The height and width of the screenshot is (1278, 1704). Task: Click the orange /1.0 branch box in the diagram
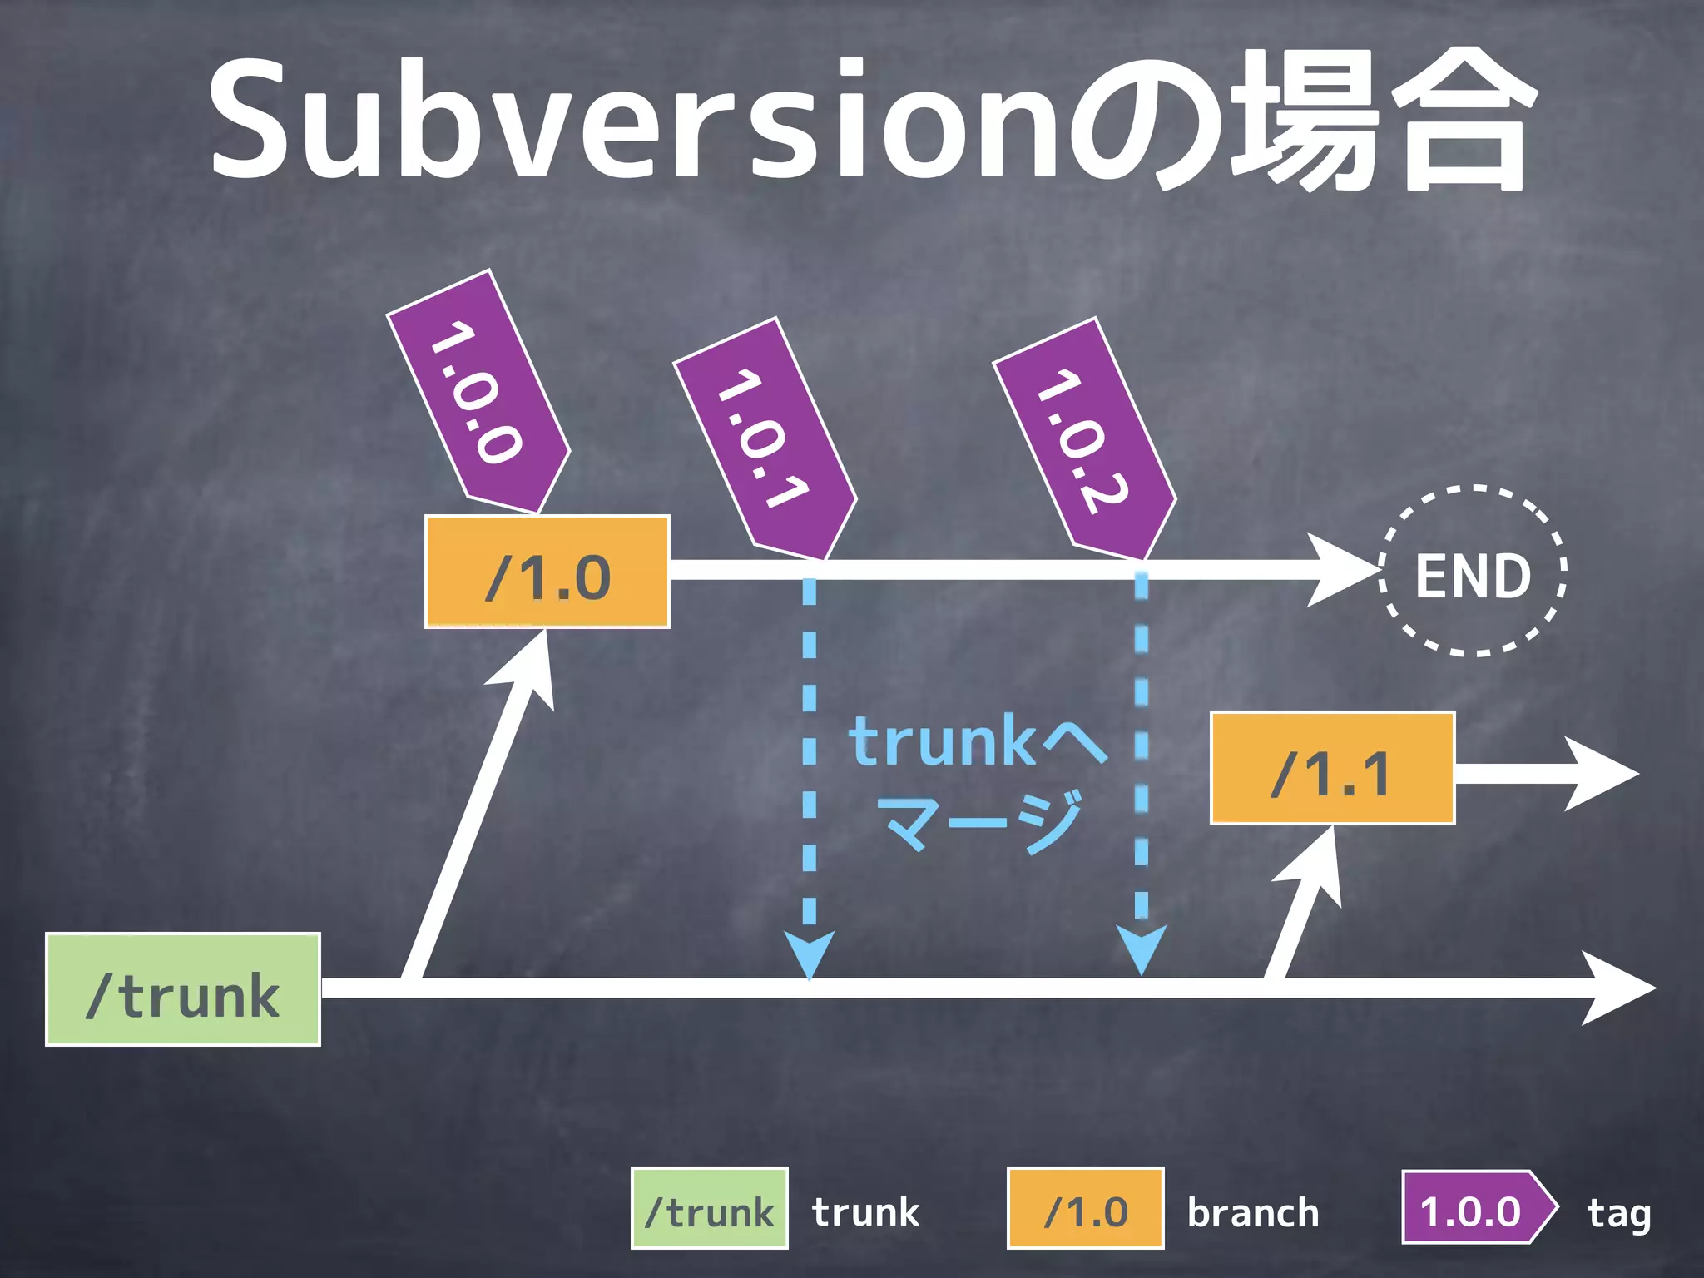(x=547, y=572)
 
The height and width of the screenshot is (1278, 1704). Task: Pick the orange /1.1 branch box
(x=1332, y=768)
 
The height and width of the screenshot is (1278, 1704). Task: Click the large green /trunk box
(x=183, y=989)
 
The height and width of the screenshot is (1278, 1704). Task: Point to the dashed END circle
(x=1473, y=572)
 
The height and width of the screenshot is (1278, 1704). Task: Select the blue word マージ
(x=982, y=820)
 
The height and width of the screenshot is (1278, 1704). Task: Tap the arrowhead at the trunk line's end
(x=1618, y=988)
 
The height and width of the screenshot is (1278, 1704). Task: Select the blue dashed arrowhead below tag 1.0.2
(x=1142, y=949)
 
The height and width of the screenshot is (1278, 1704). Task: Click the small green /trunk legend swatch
(x=710, y=1209)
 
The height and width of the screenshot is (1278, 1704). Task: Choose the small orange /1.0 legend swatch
(x=1085, y=1209)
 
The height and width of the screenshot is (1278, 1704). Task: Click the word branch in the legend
(x=1253, y=1212)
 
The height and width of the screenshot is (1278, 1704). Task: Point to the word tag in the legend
(x=1618, y=1213)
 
